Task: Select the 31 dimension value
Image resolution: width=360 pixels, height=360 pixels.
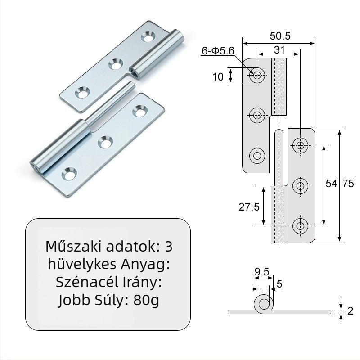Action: pyautogui.click(x=278, y=49)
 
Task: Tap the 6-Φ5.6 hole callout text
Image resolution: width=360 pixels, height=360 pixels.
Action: pyautogui.click(x=218, y=51)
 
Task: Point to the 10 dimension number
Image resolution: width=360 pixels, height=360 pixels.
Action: pyautogui.click(x=218, y=77)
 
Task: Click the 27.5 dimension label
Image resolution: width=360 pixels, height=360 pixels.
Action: pyautogui.click(x=249, y=207)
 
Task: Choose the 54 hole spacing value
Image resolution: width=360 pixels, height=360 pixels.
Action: pyautogui.click(x=331, y=184)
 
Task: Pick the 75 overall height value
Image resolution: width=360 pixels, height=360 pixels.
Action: pyautogui.click(x=348, y=184)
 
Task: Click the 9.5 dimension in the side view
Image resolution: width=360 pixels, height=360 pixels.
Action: pyautogui.click(x=261, y=272)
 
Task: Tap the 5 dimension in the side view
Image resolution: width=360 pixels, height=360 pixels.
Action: pyautogui.click(x=279, y=283)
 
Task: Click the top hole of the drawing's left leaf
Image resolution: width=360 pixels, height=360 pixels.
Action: pyautogui.click(x=257, y=75)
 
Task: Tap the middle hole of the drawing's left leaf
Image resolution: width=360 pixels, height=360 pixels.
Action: pyautogui.click(x=257, y=115)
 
